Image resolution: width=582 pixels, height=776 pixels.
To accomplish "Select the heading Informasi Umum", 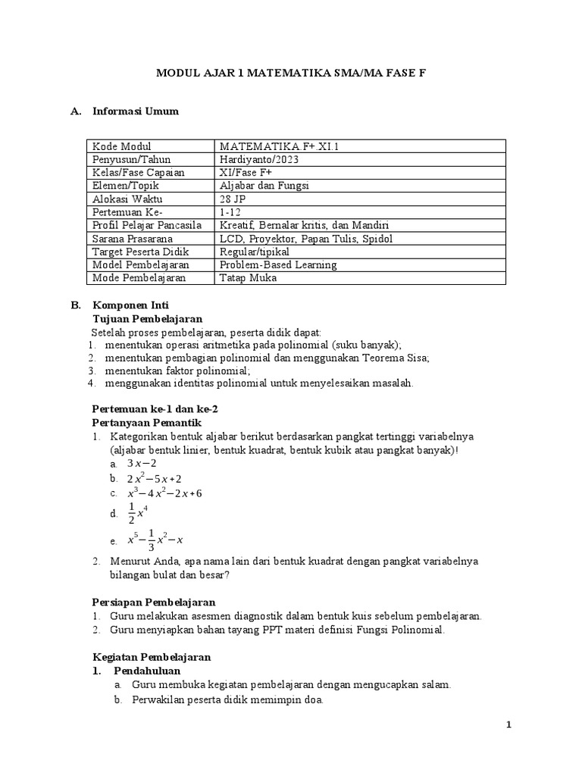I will tap(135, 111).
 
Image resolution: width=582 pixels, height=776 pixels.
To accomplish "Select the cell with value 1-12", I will tap(230, 212).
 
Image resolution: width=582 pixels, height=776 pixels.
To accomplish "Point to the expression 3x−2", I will tap(142, 464).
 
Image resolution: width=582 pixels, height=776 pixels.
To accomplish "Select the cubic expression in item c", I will tap(164, 493).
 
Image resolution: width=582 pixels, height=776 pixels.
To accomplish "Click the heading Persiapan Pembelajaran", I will tap(153, 602).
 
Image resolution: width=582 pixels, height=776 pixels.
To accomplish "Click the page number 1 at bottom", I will tap(509, 725).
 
